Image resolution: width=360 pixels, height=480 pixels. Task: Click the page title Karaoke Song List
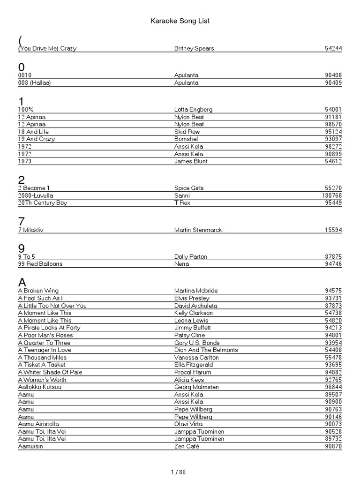pos(180,21)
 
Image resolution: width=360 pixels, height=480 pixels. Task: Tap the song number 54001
pos(333,110)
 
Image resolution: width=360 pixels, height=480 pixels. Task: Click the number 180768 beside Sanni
pos(331,195)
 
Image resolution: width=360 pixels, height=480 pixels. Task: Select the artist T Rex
pos(182,203)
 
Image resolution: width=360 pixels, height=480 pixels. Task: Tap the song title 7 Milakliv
pos(34,230)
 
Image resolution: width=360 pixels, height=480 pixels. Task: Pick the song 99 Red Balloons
pos(40,264)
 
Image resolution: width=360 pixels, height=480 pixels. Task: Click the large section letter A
pos(22,282)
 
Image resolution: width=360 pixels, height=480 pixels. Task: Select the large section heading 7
pos(22,221)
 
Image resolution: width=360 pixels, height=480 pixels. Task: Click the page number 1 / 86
pos(180,472)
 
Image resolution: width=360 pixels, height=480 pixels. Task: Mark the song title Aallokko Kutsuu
pos(40,387)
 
